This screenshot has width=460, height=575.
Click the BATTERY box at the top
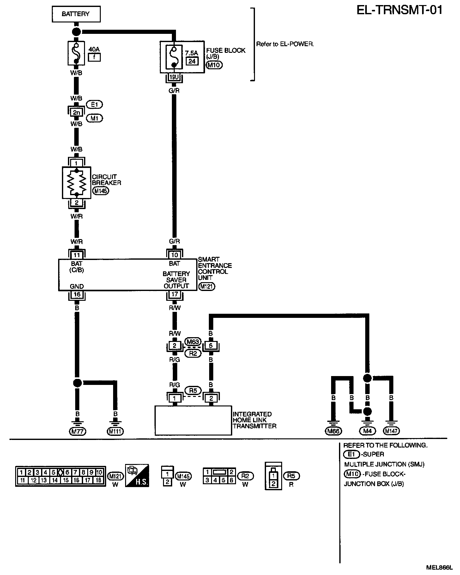point(76,14)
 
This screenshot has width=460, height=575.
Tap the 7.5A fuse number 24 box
point(192,61)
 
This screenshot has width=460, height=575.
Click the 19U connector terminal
point(173,77)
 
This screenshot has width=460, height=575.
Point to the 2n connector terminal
point(76,112)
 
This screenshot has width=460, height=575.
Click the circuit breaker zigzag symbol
point(77,182)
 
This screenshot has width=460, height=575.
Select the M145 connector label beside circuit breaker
point(101,191)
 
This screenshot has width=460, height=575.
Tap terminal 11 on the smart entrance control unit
point(77,255)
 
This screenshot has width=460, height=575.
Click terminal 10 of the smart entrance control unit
point(174,255)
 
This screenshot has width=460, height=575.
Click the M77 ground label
point(77,431)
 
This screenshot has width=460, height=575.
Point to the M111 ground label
point(115,431)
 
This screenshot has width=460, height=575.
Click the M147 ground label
point(391,431)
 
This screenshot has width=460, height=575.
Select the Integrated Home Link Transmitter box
point(193,420)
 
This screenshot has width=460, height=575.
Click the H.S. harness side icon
point(137,476)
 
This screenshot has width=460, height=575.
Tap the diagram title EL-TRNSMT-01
point(399,10)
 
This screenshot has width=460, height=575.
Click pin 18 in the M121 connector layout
point(98,480)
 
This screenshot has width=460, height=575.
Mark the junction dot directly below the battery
point(76,31)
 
